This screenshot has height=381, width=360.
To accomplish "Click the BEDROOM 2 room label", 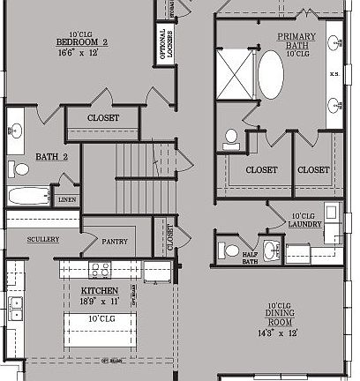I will pos(81,42).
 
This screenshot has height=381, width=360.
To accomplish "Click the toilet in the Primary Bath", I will pos(232,138).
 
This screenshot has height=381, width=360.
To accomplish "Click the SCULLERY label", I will pos(42,239).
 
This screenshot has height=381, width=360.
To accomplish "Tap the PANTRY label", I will pos(115,242).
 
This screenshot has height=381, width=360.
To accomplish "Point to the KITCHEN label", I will pos(100,290).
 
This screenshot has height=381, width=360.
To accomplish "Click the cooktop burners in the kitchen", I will pos(98,269).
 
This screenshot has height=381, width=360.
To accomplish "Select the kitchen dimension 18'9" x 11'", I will pos(100,301).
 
